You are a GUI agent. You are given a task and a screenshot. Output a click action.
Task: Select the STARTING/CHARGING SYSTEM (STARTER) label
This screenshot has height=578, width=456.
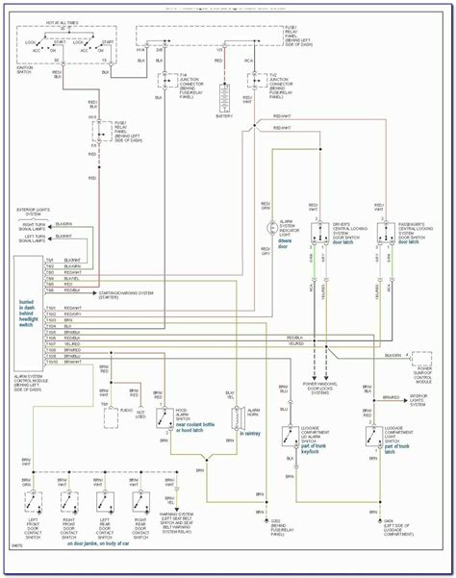129,291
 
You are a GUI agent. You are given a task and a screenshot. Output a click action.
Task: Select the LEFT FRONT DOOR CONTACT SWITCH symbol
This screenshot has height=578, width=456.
34,503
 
